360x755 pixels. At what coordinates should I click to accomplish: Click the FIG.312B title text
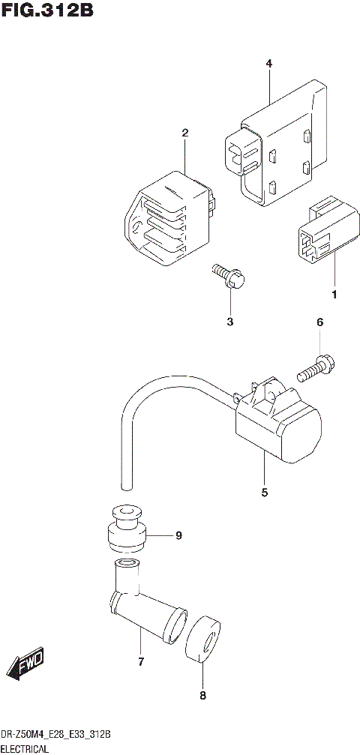tap(47, 13)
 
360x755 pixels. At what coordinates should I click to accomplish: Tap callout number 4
tap(268, 64)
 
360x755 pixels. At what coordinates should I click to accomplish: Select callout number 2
tap(185, 133)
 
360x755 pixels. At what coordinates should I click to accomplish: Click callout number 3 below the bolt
tap(230, 322)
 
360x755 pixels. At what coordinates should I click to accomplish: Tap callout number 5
tap(264, 493)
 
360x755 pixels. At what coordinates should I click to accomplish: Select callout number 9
tap(178, 535)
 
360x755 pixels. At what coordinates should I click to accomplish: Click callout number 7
tap(140, 661)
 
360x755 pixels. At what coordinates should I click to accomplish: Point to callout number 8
tap(202, 695)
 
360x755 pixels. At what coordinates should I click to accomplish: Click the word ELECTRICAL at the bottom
tap(25, 748)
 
